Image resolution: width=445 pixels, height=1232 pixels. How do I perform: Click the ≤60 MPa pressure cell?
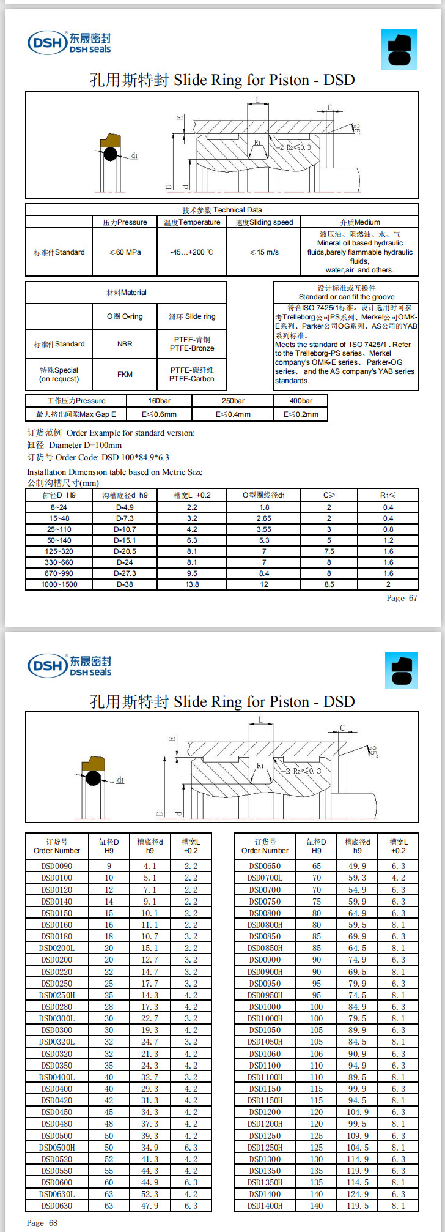coord(125,252)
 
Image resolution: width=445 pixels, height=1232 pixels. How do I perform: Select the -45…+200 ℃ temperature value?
coord(192,252)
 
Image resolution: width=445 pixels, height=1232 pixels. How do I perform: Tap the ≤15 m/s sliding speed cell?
coord(264,252)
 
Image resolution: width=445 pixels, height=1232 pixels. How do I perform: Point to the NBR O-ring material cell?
coord(125,344)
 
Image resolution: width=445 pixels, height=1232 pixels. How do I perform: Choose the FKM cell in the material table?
coord(125,375)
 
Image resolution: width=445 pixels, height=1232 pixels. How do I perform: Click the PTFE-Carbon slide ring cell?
coord(192,375)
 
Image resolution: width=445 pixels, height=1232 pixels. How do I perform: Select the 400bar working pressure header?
coord(301,401)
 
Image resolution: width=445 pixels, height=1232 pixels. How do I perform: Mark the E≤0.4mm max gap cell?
coord(233,414)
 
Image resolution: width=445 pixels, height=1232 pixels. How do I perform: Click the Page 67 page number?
coord(402,598)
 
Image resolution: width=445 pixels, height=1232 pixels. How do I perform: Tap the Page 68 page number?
coord(42,1222)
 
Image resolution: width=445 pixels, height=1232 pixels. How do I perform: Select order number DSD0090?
coord(57,866)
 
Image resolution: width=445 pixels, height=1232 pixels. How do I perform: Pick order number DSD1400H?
coord(265,1206)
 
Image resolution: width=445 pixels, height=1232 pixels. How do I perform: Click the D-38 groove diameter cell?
coord(125,584)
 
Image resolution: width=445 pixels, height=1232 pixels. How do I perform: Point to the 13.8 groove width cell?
coord(192,584)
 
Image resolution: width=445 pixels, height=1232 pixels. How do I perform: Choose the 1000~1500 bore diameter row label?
coord(59,584)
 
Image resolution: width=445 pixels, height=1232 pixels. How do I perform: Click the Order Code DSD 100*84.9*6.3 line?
coord(98,457)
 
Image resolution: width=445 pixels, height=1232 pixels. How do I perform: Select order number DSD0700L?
coord(265,878)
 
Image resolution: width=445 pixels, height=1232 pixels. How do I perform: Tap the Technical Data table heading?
coord(222,210)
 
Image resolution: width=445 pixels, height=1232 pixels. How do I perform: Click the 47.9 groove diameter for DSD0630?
coord(150,1206)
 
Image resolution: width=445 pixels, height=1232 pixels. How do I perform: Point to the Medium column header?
coord(360,222)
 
